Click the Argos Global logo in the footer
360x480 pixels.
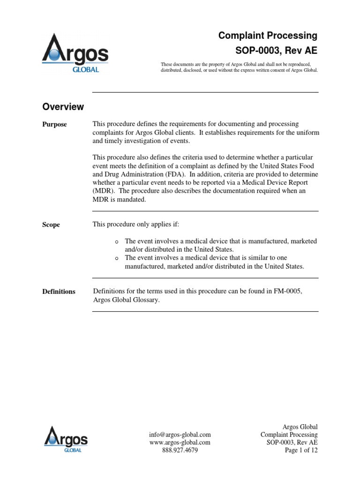[x=66, y=438]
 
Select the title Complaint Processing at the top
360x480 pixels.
[x=269, y=36]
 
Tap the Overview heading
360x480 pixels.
[x=63, y=107]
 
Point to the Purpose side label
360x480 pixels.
[x=55, y=125]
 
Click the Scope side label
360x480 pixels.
[x=51, y=225]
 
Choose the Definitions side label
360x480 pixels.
[x=59, y=292]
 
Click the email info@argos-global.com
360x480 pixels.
[x=180, y=435]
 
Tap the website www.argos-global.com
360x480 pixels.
[x=180, y=442]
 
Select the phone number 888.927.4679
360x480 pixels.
[x=180, y=450]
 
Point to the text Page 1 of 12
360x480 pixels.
[x=300, y=450]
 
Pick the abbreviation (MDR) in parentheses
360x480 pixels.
[x=103, y=191]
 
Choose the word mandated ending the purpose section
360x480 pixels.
[x=134, y=200]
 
